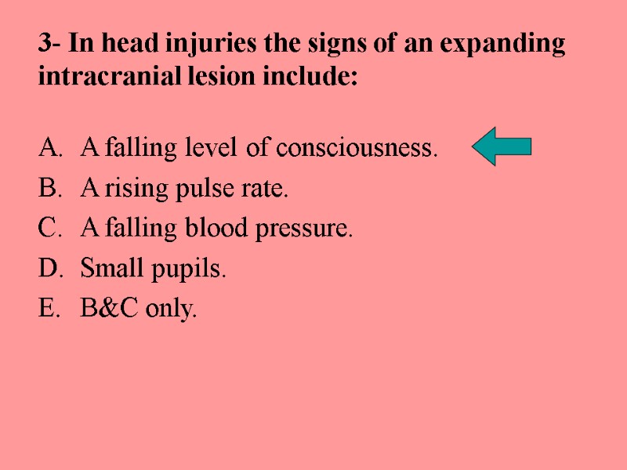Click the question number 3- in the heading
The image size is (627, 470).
(50, 45)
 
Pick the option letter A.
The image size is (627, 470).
(48, 147)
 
